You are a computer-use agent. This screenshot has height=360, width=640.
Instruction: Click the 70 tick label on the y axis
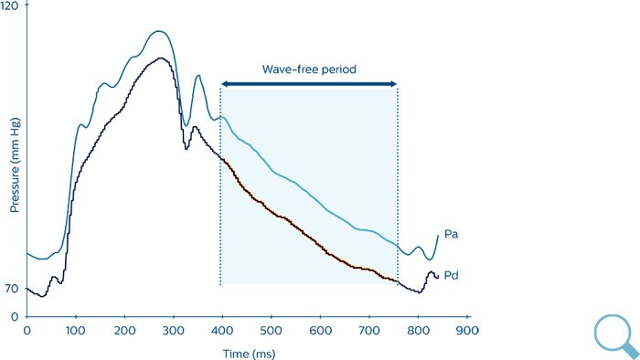click(x=13, y=289)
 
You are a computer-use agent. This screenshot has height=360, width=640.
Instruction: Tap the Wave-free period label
click(x=308, y=69)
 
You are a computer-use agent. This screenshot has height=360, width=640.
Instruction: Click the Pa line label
click(x=451, y=235)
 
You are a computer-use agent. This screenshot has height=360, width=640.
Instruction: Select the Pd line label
click(x=451, y=276)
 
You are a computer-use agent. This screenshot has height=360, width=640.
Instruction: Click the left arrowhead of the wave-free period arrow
click(x=225, y=84)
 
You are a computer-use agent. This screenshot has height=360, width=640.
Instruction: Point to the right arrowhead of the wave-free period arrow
click(x=393, y=84)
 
